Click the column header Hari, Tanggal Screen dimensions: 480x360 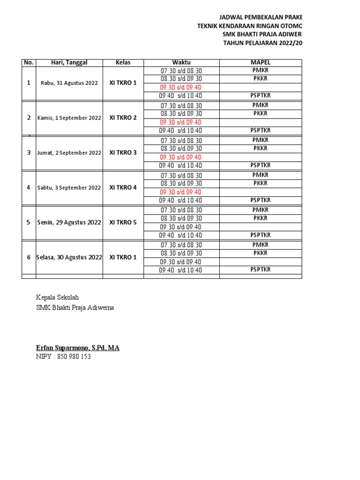pos(69,62)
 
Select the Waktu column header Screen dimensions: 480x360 pos(181,62)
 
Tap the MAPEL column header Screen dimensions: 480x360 pos(260,62)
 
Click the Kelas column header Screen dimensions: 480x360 pos(123,62)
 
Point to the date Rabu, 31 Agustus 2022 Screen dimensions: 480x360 pos(69,83)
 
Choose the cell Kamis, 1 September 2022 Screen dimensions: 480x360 pos(69,118)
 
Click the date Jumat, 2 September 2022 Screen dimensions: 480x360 pos(69,153)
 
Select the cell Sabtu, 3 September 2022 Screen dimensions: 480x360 pos(69,187)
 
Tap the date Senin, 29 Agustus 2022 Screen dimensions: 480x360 pos(69,223)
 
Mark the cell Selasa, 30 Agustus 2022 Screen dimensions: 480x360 pos(69,257)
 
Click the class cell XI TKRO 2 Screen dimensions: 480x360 pos(123,118)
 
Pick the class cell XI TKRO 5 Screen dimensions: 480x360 pos(123,222)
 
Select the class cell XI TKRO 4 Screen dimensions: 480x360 pos(123,187)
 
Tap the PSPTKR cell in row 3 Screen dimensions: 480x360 pos(260,165)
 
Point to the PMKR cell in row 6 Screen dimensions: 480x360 pos(260,245)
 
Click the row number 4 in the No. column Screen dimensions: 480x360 pos(29,187)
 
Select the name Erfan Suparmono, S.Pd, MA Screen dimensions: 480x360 pos(78,348)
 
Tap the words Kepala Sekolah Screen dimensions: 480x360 pos(58,298)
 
